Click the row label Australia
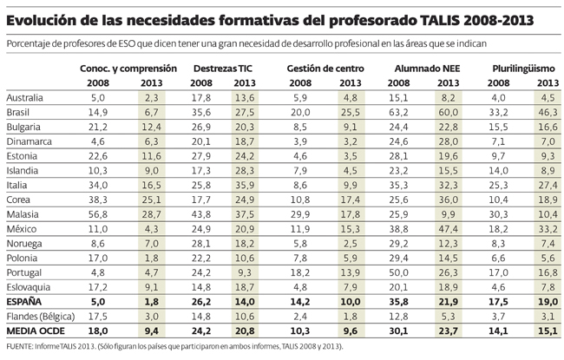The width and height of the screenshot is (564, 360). (23, 98)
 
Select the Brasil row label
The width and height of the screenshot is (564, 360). (18, 113)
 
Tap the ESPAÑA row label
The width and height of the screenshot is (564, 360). (23, 302)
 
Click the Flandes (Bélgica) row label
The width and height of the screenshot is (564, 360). (40, 317)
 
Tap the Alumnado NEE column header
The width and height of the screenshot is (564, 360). (426, 67)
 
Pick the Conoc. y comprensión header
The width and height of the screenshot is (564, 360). (128, 67)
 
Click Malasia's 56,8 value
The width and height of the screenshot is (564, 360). (97, 214)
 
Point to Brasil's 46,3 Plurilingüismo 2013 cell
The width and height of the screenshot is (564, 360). (547, 113)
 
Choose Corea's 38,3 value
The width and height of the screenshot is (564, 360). (97, 200)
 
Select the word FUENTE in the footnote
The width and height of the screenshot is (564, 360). (21, 347)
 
